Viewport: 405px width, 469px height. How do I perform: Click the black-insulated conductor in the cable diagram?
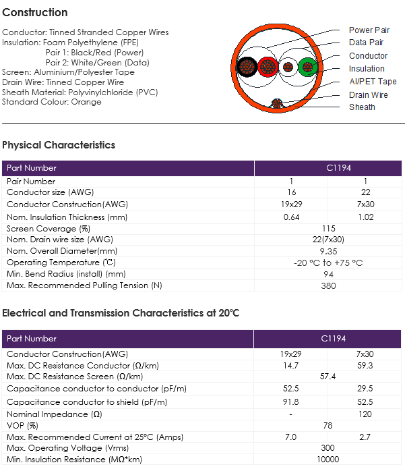[247, 67]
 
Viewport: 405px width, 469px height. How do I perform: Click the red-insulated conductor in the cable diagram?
[268, 67]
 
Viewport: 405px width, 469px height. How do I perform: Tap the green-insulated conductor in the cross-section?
[308, 67]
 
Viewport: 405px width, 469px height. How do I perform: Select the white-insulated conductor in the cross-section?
[288, 67]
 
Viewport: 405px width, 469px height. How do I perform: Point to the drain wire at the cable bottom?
[277, 103]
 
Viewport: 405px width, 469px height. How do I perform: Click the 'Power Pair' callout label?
[369, 30]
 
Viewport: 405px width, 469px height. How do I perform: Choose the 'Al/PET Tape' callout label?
[373, 82]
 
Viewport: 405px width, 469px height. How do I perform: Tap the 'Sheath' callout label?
[362, 107]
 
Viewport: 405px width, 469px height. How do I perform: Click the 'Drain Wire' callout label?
[369, 95]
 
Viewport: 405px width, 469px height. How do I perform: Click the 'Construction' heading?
[35, 13]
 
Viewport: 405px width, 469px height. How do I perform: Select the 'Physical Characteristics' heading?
[59, 145]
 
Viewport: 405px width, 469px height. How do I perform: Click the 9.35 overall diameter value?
[328, 251]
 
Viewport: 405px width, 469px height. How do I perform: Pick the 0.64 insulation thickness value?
[291, 217]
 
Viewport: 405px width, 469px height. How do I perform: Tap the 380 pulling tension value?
[328, 285]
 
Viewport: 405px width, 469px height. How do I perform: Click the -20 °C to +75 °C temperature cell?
[328, 263]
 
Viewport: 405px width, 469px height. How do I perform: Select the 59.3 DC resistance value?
[365, 366]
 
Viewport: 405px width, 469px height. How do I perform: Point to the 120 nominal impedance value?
[365, 414]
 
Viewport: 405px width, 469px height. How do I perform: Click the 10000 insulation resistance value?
[328, 460]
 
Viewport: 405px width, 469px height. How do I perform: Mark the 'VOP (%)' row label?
[22, 426]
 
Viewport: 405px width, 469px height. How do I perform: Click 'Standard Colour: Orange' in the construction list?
[52, 102]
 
